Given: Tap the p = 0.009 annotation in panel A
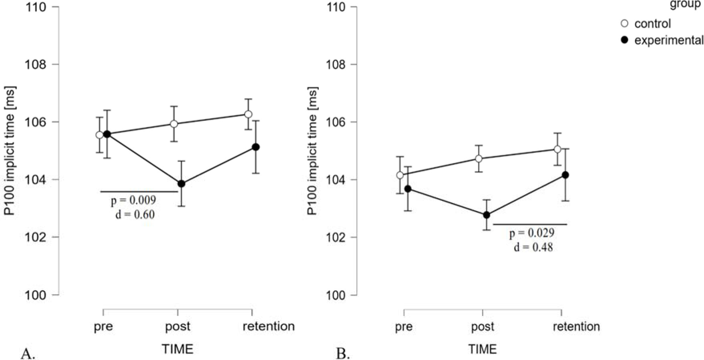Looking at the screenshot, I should coord(133,200).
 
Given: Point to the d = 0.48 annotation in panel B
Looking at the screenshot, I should coord(533,247).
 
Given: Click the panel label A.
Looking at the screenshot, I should coord(28,354).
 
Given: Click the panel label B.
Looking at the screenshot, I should coord(343,354).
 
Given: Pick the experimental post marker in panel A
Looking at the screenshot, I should coord(181,184).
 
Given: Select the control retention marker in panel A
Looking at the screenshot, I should coord(248,114).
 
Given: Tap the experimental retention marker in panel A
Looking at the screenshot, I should coord(256,147).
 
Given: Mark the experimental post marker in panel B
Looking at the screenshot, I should coord(487,215).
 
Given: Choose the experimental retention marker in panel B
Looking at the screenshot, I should coord(565,175).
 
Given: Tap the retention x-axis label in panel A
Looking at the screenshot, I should coord(269,326).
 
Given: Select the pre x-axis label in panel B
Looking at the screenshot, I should coord(404,326).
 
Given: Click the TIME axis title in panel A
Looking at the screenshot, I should coord(177,349).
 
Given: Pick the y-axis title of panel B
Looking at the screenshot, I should coord(312,151).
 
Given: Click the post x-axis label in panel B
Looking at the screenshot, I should coord(483,326).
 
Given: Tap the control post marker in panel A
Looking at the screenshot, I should coord(174,124).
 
